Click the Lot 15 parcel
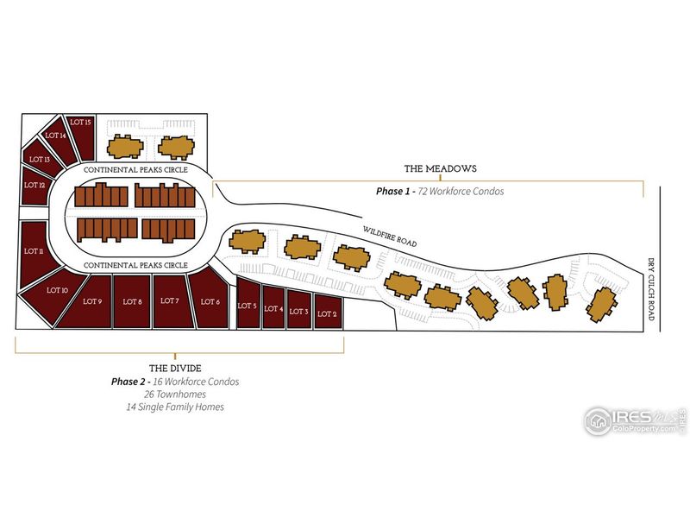[81, 137]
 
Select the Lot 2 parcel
[328, 312]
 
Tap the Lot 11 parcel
[35, 253]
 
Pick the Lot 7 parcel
[172, 301]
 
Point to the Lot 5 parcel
[248, 303]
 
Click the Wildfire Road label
[390, 237]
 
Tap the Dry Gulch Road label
[651, 289]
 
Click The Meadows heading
[440, 168]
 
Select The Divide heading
[175, 369]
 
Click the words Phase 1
[390, 191]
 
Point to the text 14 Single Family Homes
[175, 407]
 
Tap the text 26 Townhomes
[175, 395]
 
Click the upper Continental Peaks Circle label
[135, 169]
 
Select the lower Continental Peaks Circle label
[135, 265]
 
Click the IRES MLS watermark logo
[636, 421]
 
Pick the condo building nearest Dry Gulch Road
[601, 305]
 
